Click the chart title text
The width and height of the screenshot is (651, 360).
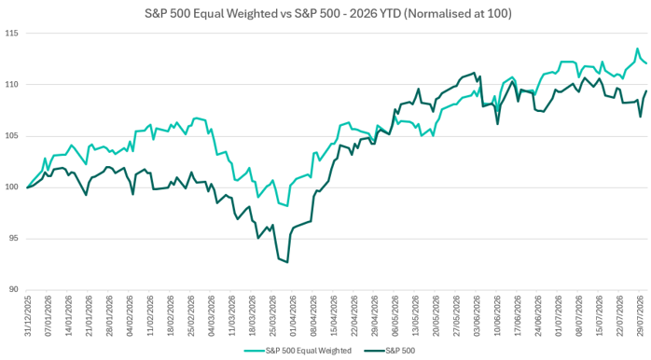pyautogui.click(x=328, y=13)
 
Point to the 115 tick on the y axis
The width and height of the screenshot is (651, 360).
pyautogui.click(x=11, y=34)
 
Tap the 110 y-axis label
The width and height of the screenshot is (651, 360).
pyautogui.click(x=11, y=85)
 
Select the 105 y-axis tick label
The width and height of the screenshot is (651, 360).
pyautogui.click(x=11, y=136)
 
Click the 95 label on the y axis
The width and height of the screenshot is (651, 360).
pyautogui.click(x=13, y=239)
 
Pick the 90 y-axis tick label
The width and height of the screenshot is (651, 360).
pyautogui.click(x=13, y=289)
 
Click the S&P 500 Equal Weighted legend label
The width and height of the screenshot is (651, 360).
pyautogui.click(x=309, y=351)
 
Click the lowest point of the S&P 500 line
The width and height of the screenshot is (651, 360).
pyautogui.click(x=287, y=262)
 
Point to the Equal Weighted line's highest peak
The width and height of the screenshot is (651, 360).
pyautogui.click(x=637, y=48)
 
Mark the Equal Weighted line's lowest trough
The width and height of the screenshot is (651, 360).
pyautogui.click(x=287, y=206)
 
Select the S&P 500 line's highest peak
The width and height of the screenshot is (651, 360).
pyautogui.click(x=474, y=73)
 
